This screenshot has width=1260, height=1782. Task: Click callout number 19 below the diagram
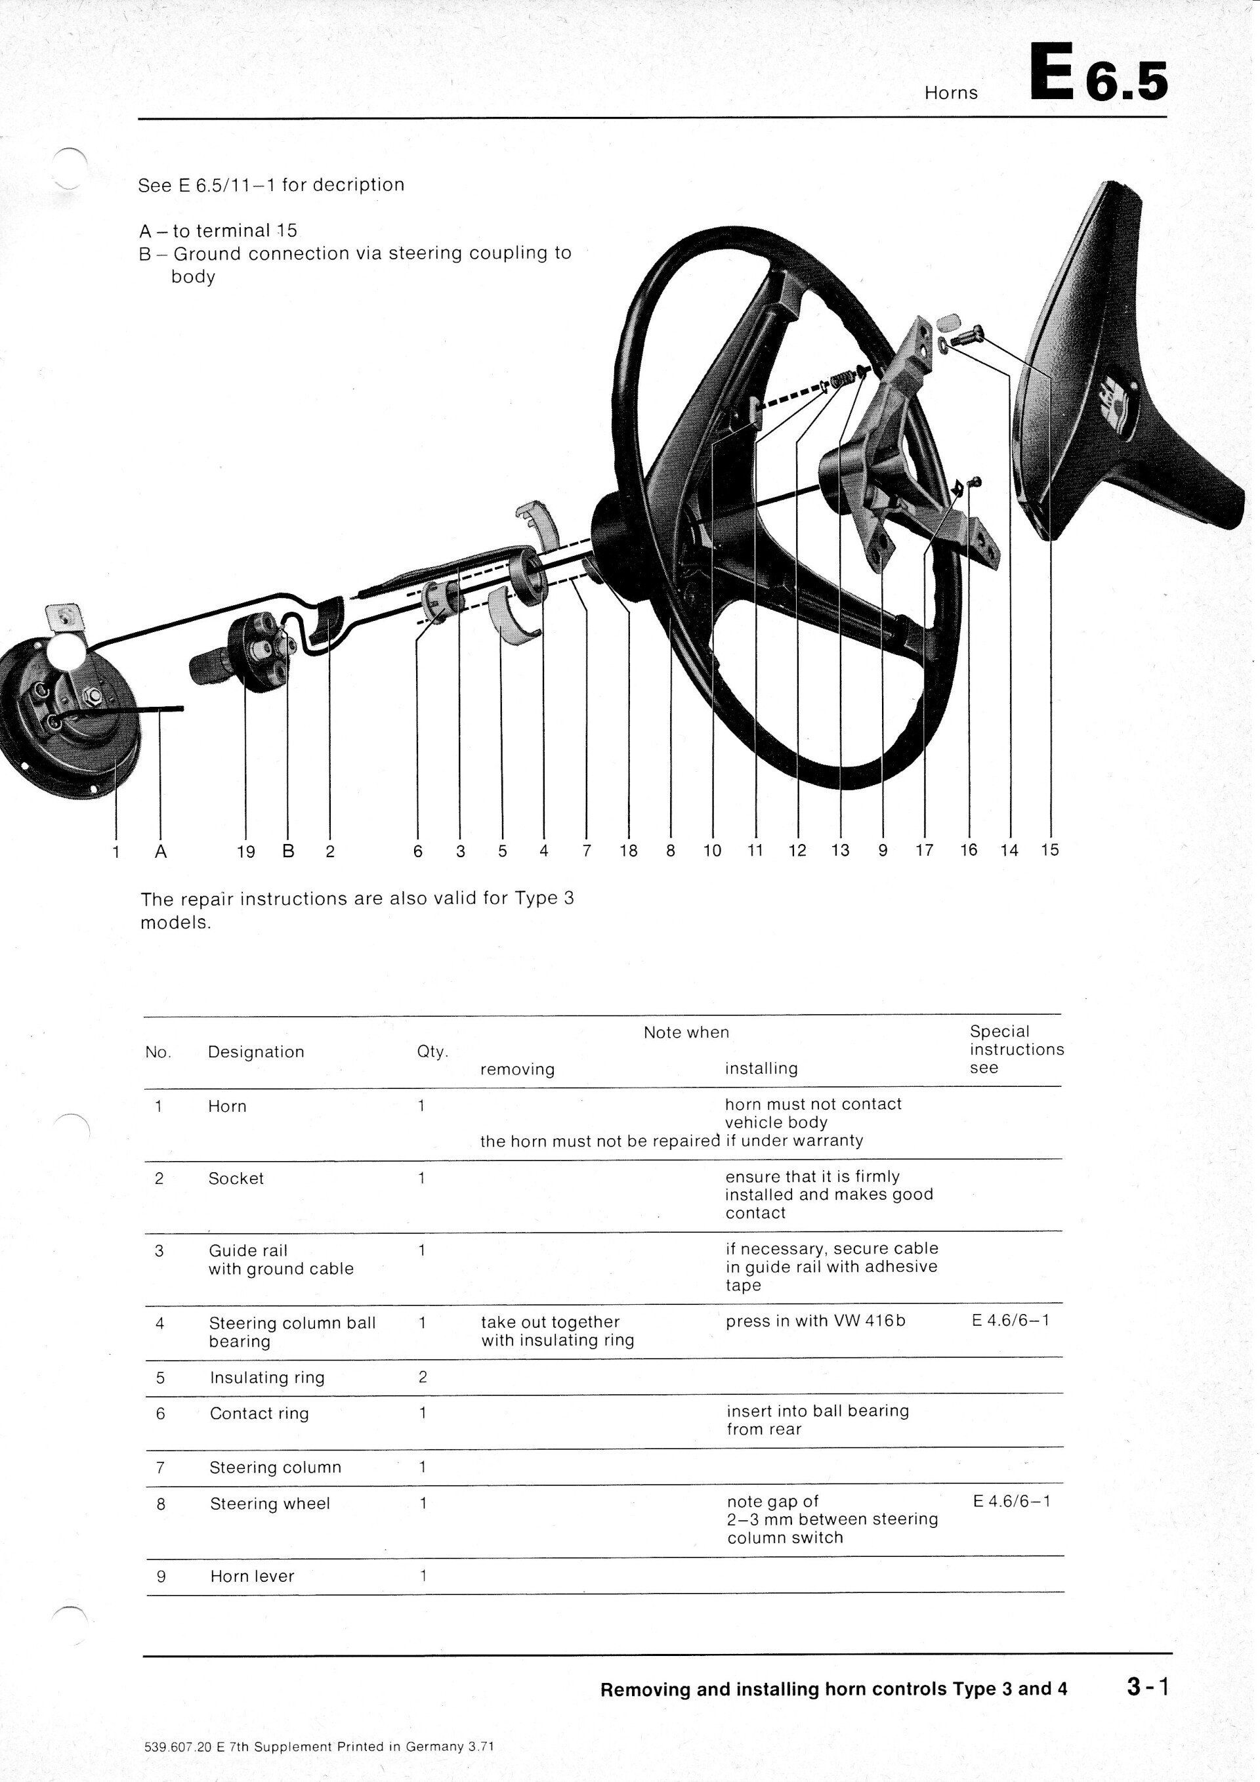click(x=245, y=852)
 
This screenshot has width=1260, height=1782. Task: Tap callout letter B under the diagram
click(x=288, y=851)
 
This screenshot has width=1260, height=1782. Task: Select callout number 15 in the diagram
click(x=1050, y=850)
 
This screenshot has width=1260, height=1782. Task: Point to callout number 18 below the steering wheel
click(x=629, y=851)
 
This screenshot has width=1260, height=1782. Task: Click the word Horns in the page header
click(x=951, y=93)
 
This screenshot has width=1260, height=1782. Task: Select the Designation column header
click(x=256, y=1051)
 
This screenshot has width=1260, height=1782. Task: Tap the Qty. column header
click(x=432, y=1051)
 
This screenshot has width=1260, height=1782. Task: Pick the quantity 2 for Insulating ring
click(x=423, y=1378)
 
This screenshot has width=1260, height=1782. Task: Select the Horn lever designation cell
click(x=252, y=1577)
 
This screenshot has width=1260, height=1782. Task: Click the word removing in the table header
click(x=518, y=1069)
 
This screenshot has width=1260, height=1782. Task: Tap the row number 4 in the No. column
click(x=160, y=1323)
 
